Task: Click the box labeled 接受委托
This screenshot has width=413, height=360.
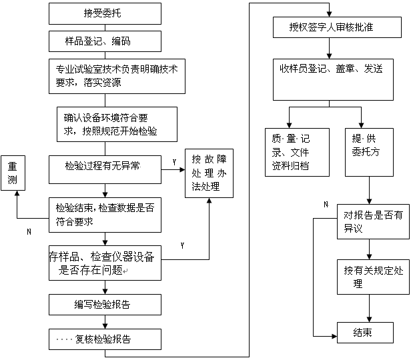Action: (105, 13)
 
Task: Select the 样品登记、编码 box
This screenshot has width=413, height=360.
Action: (105, 41)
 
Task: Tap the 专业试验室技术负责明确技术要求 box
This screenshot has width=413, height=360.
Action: (105, 75)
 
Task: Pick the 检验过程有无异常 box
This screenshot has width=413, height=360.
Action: (105, 169)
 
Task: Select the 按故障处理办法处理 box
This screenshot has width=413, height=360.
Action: (210, 173)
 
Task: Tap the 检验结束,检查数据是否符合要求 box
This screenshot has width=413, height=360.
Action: (105, 213)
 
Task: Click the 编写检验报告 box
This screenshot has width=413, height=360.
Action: (105, 305)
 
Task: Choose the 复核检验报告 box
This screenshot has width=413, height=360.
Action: (105, 339)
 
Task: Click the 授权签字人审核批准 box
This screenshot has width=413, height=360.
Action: (337, 27)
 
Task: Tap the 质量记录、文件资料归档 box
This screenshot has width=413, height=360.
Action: (297, 152)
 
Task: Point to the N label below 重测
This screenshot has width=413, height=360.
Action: (28, 232)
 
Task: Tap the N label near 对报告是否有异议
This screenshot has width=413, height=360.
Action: (325, 205)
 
